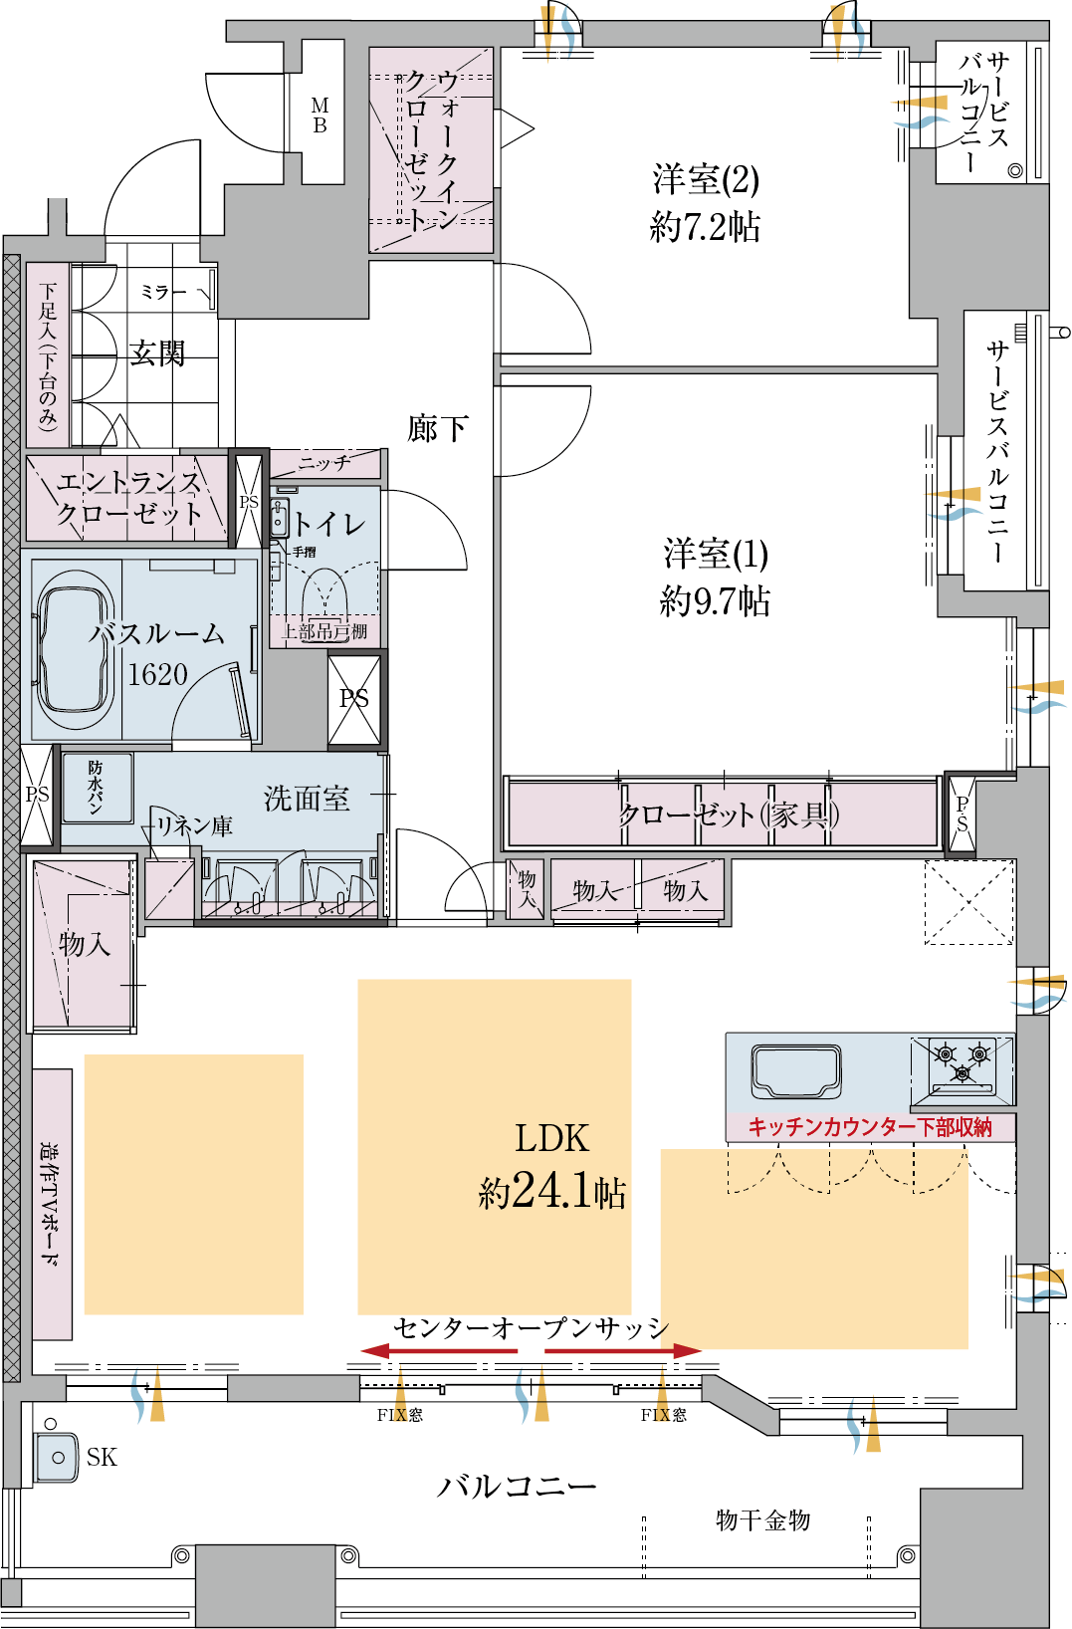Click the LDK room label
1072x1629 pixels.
(551, 1138)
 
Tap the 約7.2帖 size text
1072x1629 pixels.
(705, 228)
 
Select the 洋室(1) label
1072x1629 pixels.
(715, 554)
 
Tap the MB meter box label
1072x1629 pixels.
(321, 116)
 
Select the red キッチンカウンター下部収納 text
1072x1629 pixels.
(870, 1126)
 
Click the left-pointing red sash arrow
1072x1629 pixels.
(438, 1351)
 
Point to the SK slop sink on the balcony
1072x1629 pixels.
(57, 1457)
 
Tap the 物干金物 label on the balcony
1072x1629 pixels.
(762, 1519)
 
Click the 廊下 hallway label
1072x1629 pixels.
(437, 429)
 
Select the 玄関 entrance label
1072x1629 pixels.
(157, 352)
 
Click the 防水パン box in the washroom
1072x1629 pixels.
(97, 787)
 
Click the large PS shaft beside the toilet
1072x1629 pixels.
(354, 699)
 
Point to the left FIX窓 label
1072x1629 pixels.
(399, 1415)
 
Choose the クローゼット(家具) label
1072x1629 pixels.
(728, 815)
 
